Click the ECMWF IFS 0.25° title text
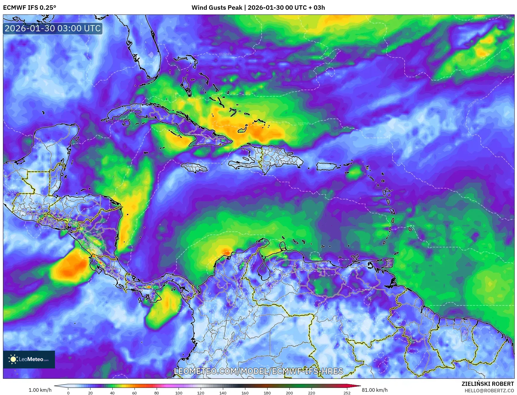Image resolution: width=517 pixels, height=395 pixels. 30,8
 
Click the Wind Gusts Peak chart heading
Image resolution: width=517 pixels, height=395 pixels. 258,8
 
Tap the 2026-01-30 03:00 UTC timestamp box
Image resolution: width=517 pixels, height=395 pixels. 53,29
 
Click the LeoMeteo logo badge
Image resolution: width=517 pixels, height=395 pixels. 29,359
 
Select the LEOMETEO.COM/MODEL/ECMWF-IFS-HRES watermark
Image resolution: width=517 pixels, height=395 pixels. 259,371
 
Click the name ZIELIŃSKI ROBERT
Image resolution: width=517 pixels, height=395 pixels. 487,384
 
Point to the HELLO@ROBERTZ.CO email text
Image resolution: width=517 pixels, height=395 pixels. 489,391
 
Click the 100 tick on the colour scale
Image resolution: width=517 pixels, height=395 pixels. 179,393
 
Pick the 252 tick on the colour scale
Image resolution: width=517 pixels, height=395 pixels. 347,393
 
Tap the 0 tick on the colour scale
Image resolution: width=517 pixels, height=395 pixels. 68,393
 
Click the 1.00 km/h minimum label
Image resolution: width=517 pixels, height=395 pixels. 40,390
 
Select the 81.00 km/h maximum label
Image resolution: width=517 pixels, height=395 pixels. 375,390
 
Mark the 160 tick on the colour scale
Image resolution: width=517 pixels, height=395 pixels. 245,393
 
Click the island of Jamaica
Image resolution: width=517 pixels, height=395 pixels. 195,168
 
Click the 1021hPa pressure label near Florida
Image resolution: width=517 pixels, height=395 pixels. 225,54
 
